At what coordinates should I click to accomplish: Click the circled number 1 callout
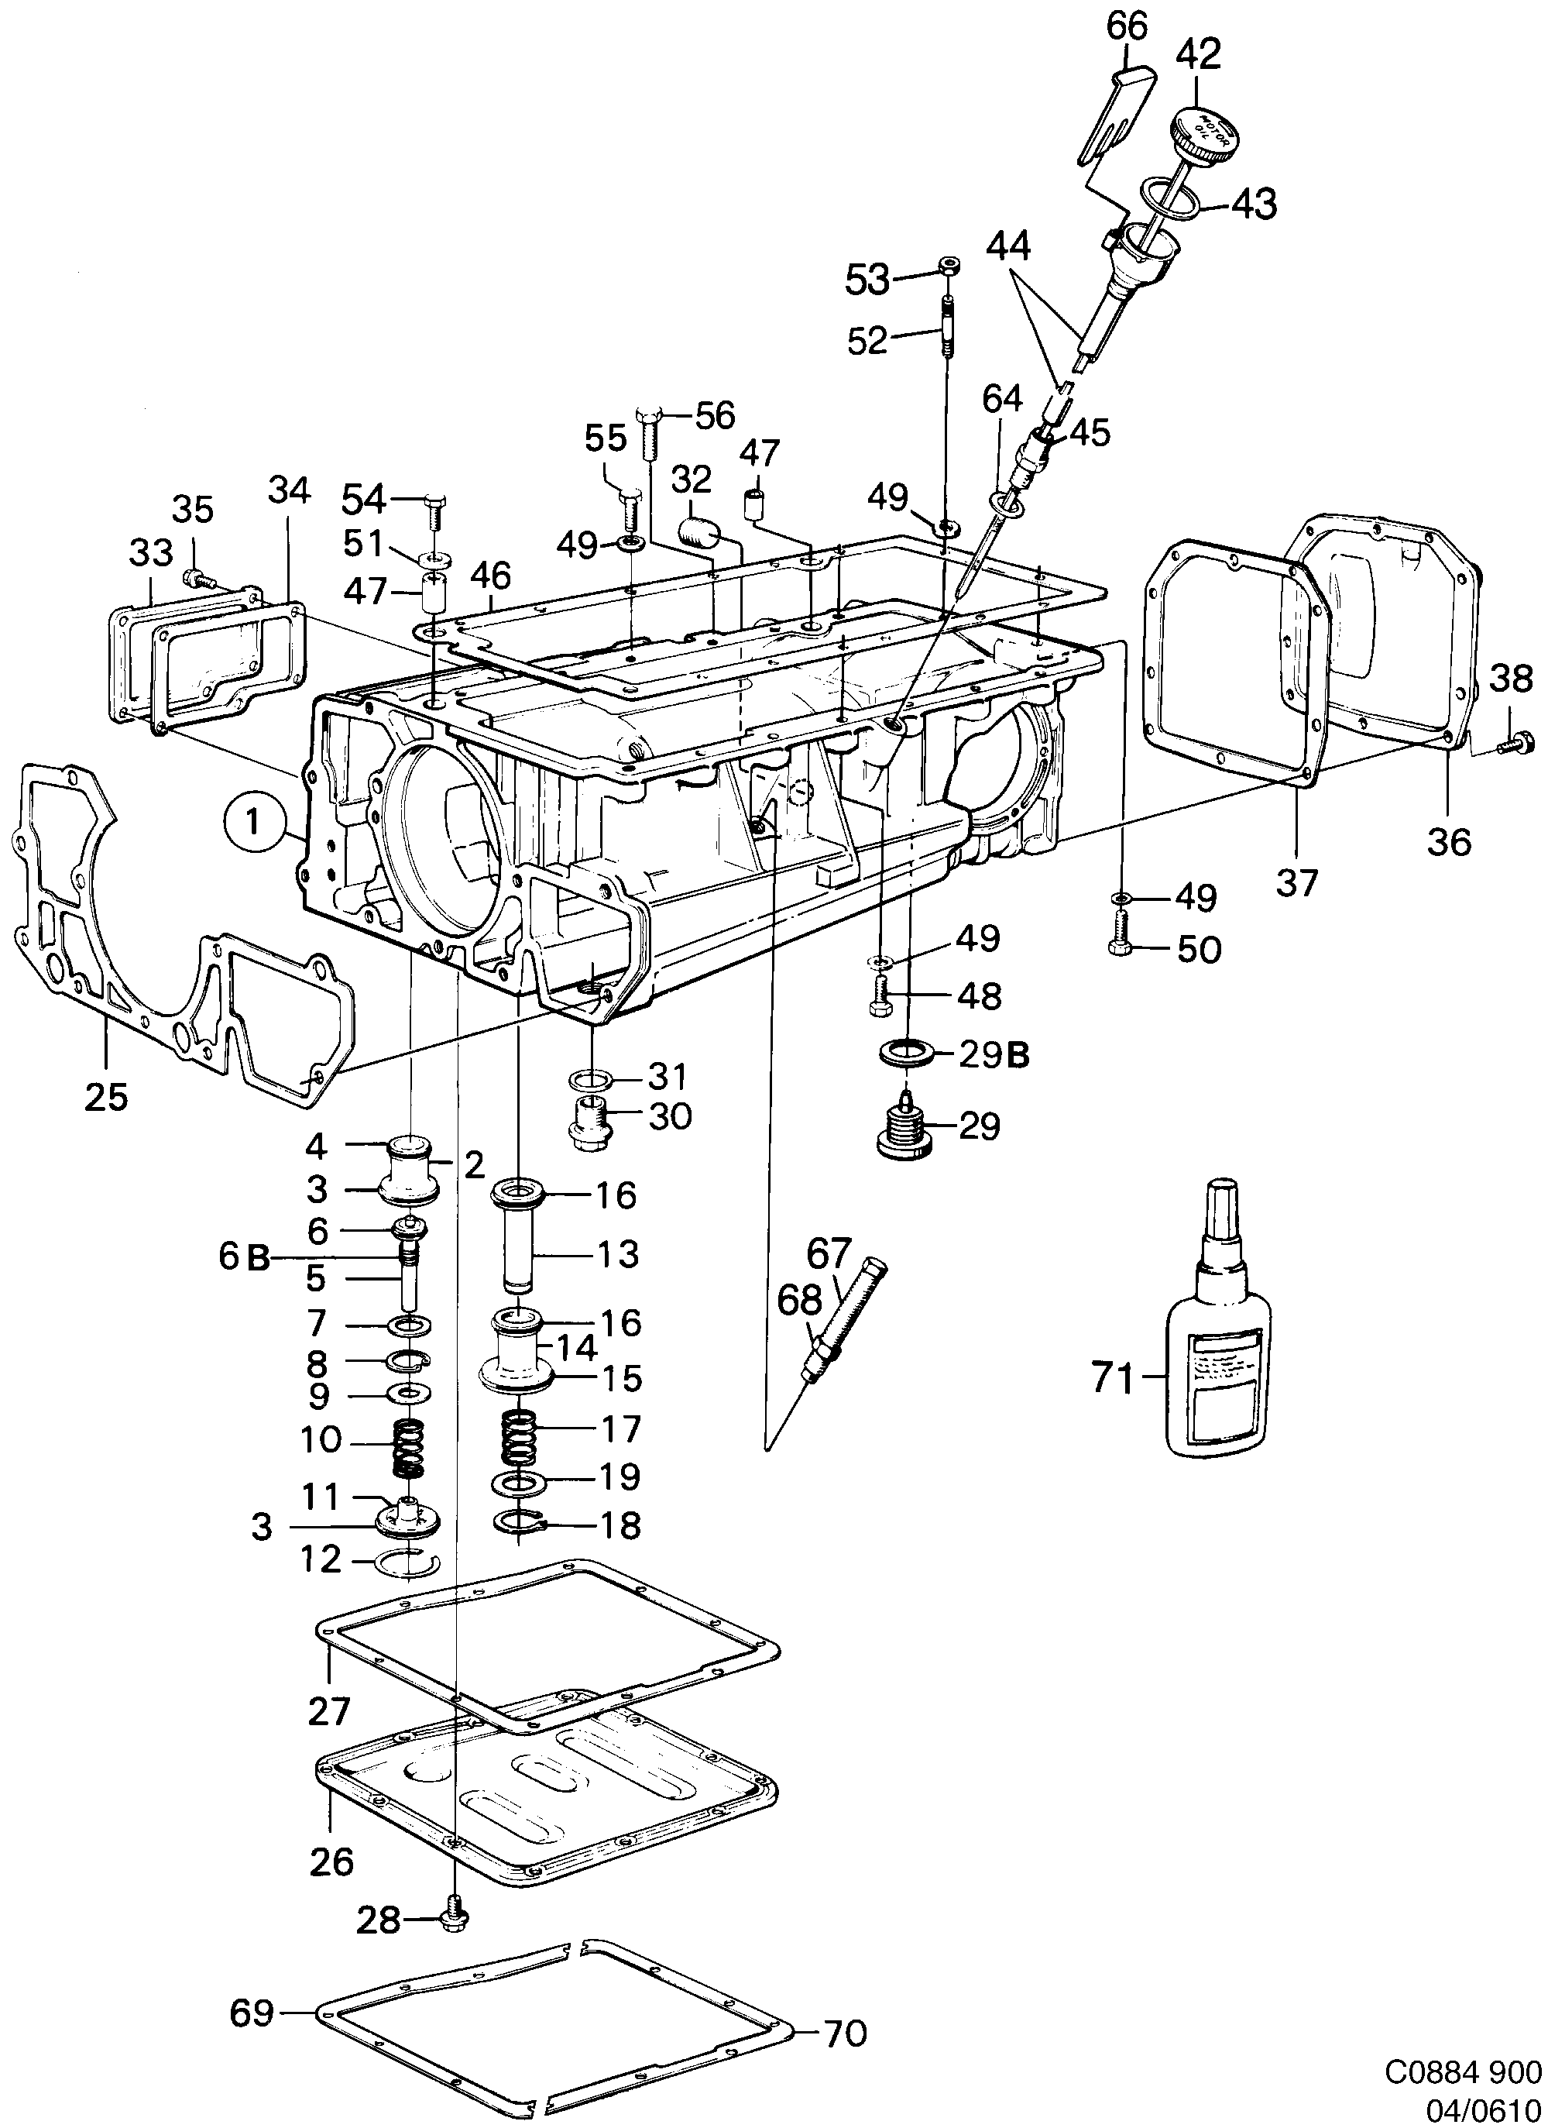coord(252,823)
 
